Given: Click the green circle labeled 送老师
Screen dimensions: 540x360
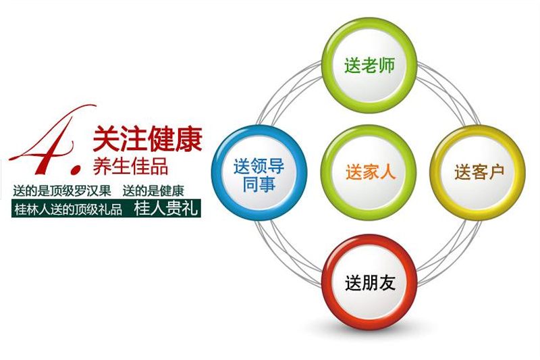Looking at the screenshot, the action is coord(369,65).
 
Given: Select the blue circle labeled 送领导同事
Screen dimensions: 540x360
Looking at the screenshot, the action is coord(259,173).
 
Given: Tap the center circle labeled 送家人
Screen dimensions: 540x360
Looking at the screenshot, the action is coord(369,173).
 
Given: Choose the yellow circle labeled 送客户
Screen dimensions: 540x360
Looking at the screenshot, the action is coord(478,173).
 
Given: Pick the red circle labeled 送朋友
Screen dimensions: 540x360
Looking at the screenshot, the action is coord(369,282).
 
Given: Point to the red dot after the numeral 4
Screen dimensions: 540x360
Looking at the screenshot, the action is coord(76,169).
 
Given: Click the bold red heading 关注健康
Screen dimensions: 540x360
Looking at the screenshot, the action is coord(147,139).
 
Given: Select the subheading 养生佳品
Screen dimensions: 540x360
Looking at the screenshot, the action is coord(130,166).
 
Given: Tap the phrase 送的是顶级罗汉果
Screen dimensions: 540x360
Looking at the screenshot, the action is coord(62,190).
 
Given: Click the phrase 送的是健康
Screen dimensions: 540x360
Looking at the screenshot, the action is coord(153,190).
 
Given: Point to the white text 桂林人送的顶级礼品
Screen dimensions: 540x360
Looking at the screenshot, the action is coord(68,209).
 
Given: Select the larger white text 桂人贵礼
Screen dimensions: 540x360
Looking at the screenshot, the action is coord(166,209).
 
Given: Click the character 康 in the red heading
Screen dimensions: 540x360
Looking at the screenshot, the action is coord(189,139).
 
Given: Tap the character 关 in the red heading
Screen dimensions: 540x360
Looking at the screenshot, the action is coord(106,139).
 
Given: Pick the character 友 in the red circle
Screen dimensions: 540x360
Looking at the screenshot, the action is coord(387,283).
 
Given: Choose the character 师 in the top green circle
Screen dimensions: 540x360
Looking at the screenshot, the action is coord(386,66).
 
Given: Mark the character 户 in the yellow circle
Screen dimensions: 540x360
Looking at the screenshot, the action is coord(496,172).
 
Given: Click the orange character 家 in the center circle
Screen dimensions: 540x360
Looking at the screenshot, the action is coord(371,172).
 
